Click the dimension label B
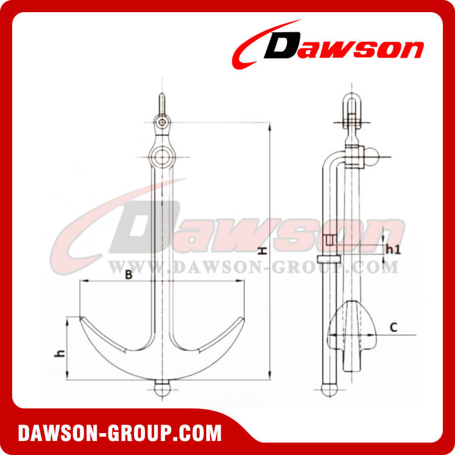coord(129,274)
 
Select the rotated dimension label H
coord(263,251)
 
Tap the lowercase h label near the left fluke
coord(60,353)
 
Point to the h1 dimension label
coord(394,249)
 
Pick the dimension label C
coord(393,328)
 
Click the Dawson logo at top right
coord(328,45)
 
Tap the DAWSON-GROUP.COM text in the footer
coord(120,433)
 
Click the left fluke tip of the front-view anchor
coord(80,317)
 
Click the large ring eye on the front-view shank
coord(162,157)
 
